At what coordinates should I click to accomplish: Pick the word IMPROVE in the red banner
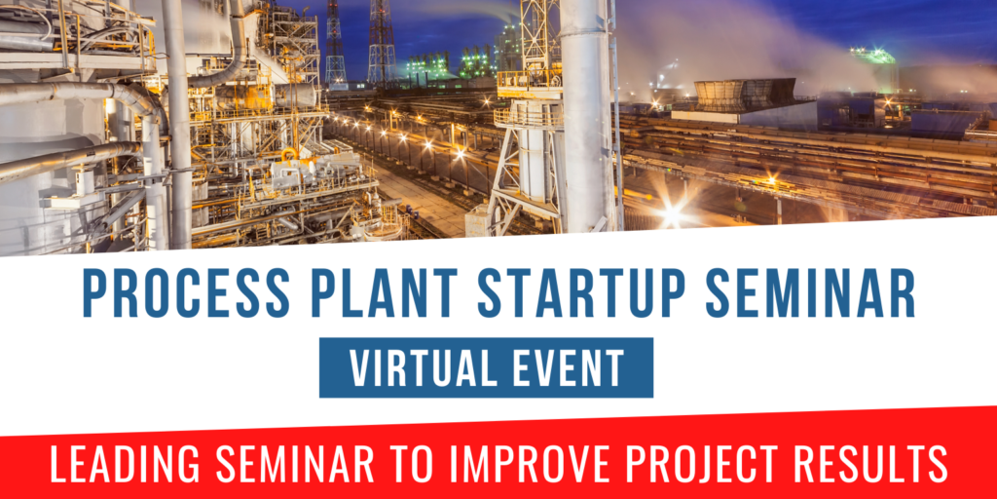529,465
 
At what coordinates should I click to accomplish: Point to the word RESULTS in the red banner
877,465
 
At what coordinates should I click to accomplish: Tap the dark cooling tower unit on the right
745,95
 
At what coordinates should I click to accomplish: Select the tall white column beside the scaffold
585,117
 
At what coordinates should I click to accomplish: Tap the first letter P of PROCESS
93,291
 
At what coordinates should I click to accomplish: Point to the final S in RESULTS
937,465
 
